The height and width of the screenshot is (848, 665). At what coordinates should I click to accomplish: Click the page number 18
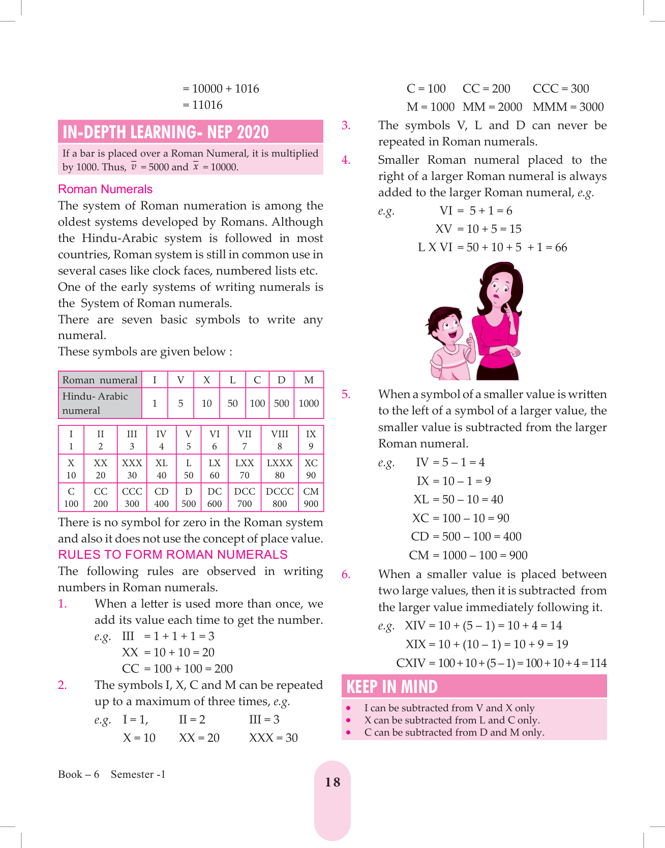pos(332,782)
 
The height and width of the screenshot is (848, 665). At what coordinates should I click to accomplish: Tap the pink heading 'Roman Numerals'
pos(105,189)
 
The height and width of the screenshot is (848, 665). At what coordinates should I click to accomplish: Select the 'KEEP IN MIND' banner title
pos(392,687)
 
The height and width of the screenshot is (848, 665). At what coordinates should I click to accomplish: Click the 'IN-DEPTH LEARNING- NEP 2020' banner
pos(166,132)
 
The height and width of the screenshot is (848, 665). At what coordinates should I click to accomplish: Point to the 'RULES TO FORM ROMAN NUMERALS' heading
pos(173,555)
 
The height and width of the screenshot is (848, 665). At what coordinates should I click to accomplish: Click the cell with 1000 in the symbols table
pos(309,403)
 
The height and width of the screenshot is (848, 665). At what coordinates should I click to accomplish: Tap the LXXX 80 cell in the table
pos(280,469)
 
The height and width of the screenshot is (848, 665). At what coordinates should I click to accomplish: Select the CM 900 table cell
pos(311,497)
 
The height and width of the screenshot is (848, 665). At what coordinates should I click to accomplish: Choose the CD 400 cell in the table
pos(161,497)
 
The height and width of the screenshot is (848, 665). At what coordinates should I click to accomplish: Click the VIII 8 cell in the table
pos(280,440)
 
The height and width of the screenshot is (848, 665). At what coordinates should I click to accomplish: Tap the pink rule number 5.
pos(346,395)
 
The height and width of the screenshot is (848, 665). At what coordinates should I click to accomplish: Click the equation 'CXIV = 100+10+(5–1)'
pos(501,663)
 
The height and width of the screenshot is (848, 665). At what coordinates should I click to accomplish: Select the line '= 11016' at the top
pos(202,105)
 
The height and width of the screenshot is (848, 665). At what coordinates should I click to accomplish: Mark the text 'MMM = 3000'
pos(568,107)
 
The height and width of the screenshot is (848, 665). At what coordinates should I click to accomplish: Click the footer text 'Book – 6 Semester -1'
pos(112,774)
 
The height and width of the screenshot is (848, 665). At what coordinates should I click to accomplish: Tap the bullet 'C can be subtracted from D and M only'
pos(454,732)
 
